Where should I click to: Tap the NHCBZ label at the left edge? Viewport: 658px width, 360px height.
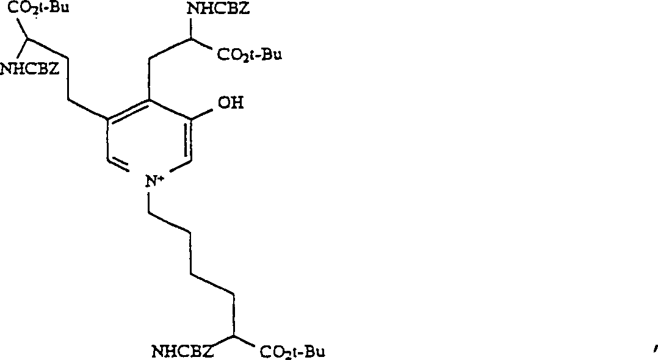point(29,68)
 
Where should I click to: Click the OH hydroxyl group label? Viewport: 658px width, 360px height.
point(230,103)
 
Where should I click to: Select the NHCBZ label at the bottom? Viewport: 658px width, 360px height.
point(182,351)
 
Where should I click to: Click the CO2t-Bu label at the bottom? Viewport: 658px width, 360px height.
point(291,351)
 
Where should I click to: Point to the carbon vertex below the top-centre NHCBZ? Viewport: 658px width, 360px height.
point(191,39)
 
